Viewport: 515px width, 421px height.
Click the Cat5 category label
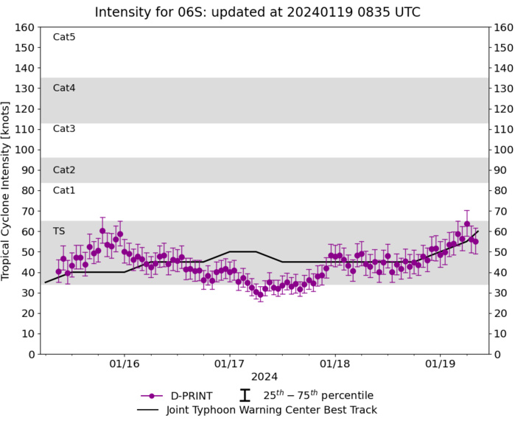[x=64, y=37]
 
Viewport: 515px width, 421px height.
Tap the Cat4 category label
[x=64, y=88]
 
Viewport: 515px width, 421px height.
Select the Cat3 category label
[x=64, y=129]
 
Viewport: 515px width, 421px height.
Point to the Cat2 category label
[x=64, y=170]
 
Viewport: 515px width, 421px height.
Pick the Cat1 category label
[x=64, y=190]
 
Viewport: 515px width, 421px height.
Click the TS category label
[x=59, y=232]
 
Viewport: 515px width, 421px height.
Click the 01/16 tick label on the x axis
[x=125, y=364]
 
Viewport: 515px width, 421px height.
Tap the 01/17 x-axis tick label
[x=229, y=364]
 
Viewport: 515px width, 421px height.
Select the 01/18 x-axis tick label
[x=334, y=364]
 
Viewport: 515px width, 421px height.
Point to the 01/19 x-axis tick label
[x=440, y=364]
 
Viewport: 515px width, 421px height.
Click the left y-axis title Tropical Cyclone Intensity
[x=10, y=190]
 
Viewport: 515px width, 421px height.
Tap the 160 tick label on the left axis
[x=26, y=27]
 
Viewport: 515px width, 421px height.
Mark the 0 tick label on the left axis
[x=31, y=355]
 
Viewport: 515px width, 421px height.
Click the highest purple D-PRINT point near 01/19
[x=466, y=223]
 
